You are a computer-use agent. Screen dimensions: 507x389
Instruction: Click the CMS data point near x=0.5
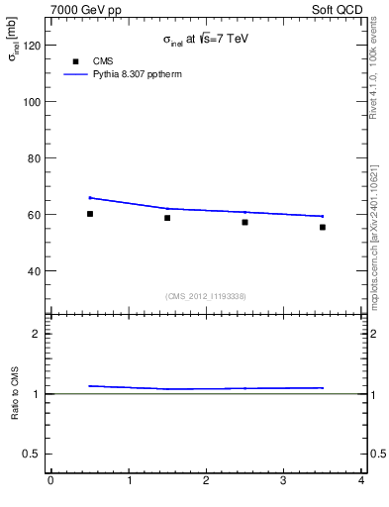coord(90,214)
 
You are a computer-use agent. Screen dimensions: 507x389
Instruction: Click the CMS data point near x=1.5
coord(167,218)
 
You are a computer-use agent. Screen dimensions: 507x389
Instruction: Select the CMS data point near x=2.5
coord(244,222)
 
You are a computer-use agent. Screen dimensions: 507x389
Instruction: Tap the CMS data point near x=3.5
coord(323,227)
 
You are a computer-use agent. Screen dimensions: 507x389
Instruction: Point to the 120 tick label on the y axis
coord(31,46)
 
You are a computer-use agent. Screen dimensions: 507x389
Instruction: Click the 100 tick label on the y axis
coord(31,102)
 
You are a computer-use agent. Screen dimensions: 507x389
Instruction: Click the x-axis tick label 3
coord(283,481)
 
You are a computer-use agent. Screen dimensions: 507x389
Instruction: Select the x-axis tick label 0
coord(50,481)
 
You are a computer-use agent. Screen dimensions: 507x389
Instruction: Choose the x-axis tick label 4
coord(361,481)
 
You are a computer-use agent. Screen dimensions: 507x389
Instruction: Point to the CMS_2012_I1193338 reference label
coord(206,296)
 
